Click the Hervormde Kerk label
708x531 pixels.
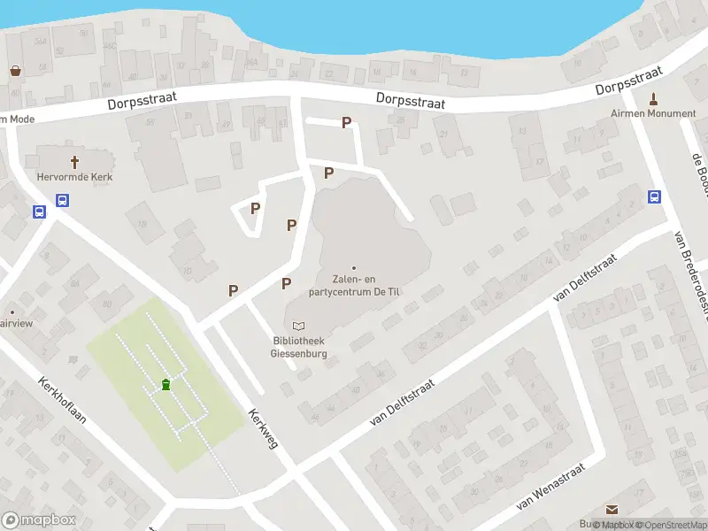point(74,176)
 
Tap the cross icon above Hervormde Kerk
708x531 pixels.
point(74,162)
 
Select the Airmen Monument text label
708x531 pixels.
point(653,113)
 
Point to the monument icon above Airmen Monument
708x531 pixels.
point(654,98)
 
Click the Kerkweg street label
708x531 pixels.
point(264,428)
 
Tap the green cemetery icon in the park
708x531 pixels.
point(165,384)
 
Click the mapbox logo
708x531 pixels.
point(39,520)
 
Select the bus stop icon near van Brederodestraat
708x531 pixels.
point(655,197)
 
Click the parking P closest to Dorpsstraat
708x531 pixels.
point(346,123)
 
